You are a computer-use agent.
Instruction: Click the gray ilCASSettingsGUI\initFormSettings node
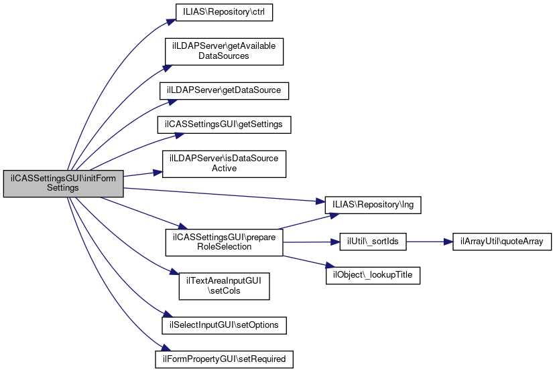63,183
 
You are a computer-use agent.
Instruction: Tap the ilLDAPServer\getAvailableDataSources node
224,51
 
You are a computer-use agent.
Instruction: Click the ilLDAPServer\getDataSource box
224,90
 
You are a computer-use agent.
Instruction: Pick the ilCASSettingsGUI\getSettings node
224,125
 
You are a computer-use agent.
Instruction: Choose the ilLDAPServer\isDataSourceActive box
224,164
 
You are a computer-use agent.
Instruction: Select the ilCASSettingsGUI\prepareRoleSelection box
224,242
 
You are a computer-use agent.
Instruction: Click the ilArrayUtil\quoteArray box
501,242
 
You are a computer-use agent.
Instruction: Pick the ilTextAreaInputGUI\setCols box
224,286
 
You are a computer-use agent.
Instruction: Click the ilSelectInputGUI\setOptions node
224,324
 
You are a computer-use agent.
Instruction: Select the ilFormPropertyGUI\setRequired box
224,359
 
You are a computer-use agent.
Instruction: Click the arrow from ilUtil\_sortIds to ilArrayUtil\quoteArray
430,242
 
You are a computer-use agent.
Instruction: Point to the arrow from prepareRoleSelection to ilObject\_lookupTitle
306,262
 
